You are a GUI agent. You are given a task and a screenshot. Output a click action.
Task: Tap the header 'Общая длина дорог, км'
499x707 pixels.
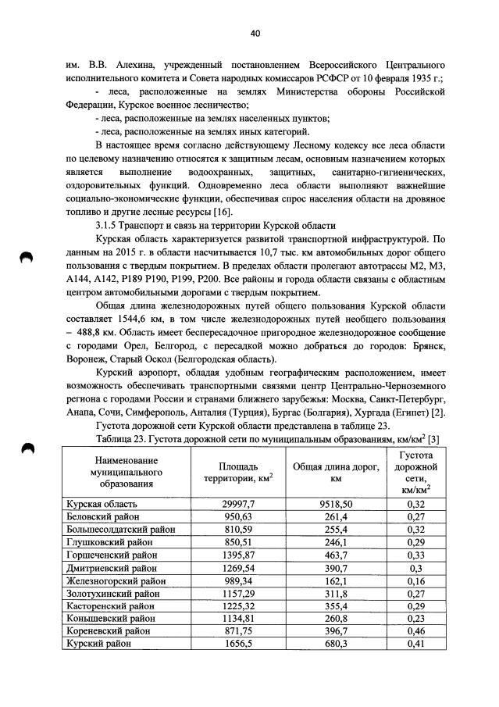pyautogui.click(x=337, y=473)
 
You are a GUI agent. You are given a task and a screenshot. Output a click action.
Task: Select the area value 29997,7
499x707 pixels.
pyautogui.click(x=238, y=504)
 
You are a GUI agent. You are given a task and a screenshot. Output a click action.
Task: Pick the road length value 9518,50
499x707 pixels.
pyautogui.click(x=337, y=504)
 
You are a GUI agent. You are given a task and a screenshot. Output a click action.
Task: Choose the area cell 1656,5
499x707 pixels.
pyautogui.click(x=238, y=644)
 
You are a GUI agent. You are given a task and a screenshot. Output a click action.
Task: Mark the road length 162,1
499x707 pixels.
pyautogui.click(x=337, y=580)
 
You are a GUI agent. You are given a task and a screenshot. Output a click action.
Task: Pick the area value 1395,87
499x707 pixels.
pyautogui.click(x=238, y=555)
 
